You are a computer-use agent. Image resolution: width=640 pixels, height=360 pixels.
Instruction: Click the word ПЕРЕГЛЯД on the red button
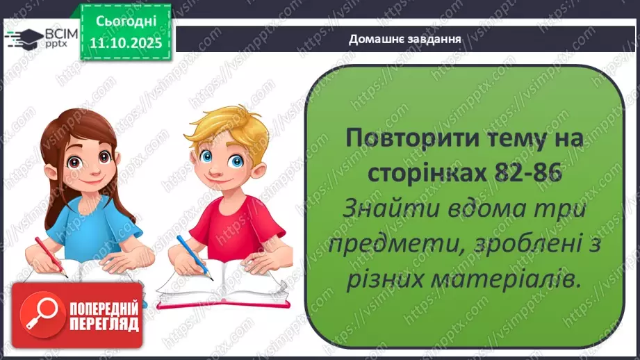pyautogui.click(x=104, y=324)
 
